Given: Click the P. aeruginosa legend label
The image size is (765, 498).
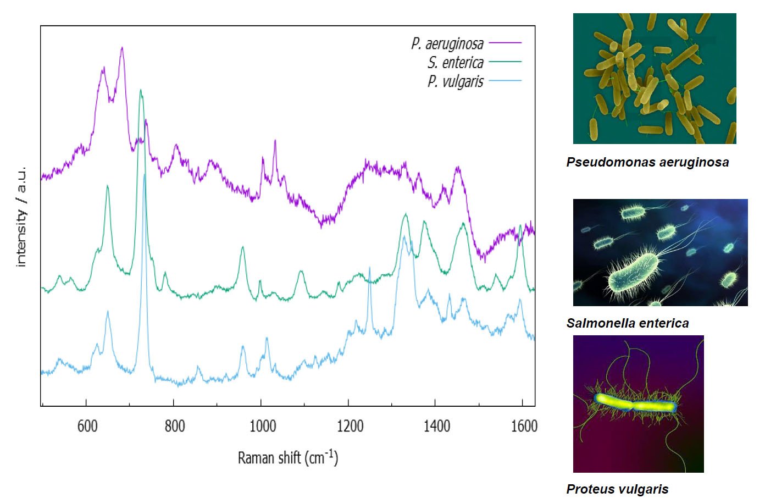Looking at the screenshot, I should tap(447, 43).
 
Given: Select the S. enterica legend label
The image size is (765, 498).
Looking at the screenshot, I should tap(456, 63).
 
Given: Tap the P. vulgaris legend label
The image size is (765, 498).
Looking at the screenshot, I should tap(456, 82).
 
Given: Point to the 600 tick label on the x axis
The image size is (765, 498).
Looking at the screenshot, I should tap(87, 426).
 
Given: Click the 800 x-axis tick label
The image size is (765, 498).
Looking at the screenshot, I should tap(175, 426).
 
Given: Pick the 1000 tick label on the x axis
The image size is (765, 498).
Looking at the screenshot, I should tap(263, 426).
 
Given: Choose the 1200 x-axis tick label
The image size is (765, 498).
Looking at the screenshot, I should tap(350, 426).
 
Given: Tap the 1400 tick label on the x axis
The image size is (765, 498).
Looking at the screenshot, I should tap(437, 426).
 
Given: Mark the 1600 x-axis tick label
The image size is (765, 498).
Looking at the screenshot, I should tap(524, 426).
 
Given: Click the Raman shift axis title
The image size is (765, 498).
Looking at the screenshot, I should tap(288, 457).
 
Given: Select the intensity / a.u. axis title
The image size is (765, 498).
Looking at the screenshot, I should tap(21, 217).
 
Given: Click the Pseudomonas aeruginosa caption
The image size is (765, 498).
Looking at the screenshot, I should tap(647, 162).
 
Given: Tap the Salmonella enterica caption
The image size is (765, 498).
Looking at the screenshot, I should tap(628, 323).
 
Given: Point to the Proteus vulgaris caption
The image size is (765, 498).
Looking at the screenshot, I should tap(617, 489).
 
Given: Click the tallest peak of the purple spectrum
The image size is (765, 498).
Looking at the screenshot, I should tap(122, 48).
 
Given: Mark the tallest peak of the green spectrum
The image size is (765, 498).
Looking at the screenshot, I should tap(140, 90).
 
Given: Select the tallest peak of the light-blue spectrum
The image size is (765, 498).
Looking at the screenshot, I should tap(145, 175).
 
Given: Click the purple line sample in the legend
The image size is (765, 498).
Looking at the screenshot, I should tap(505, 42).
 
